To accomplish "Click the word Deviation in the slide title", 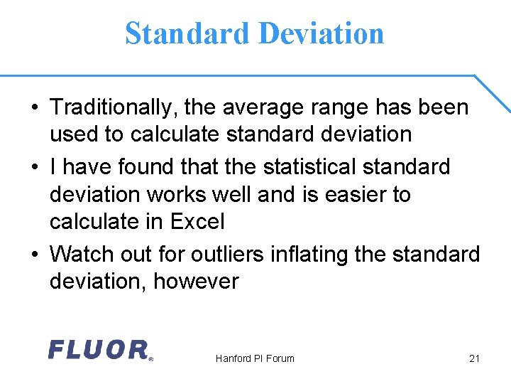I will pos(321,33).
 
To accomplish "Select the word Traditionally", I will pos(114,108).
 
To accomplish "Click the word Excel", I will pos(197,222).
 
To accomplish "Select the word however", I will pos(196,282).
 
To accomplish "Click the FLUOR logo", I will pos(100,350).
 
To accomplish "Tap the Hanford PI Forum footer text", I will pos(255,358).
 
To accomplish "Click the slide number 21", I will pos(475,358).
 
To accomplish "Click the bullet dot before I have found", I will pos(34,167).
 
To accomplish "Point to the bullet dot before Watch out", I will pos(34,254).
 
